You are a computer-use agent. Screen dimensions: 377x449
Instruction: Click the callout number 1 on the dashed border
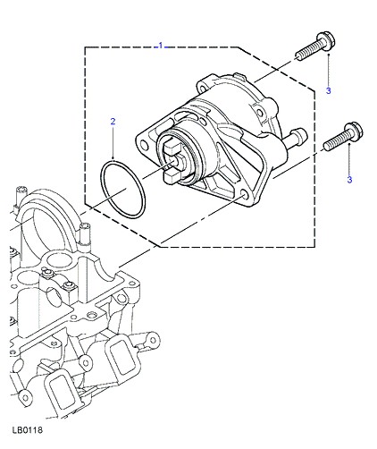coord(161,46)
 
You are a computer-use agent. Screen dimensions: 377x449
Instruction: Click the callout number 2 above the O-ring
coord(113,122)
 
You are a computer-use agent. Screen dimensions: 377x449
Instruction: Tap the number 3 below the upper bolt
coord(328,90)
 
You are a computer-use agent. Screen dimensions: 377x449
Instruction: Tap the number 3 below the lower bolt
coord(349,180)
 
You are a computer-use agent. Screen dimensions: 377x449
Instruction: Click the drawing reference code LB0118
coord(28,429)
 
